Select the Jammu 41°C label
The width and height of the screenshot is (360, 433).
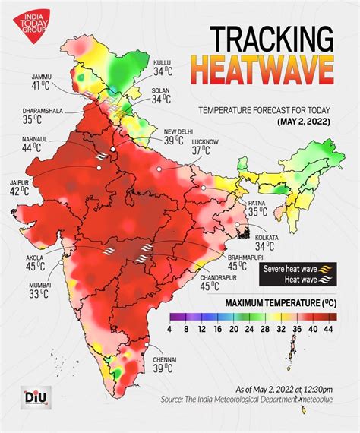[43, 81]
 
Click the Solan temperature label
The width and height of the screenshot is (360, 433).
[160, 95]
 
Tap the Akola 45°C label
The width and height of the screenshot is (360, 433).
[35, 262]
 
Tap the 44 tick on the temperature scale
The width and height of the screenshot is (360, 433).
[328, 330]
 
